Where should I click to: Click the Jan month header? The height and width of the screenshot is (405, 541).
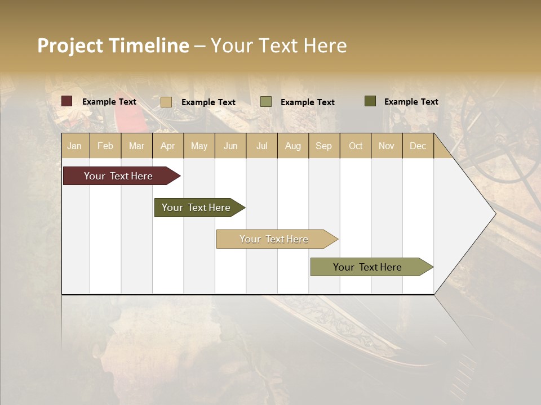(74, 146)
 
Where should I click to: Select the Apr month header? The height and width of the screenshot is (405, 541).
(168, 146)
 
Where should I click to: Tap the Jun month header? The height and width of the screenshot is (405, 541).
(230, 146)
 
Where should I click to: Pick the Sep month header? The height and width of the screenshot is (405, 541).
(323, 146)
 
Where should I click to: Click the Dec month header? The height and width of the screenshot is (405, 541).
(418, 146)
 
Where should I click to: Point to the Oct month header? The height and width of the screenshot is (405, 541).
(356, 146)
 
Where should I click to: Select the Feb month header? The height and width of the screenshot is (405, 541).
(105, 146)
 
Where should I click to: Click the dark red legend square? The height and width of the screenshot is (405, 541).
(67, 101)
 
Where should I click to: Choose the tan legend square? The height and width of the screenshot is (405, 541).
(166, 102)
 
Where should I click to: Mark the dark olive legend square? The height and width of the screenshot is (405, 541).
(370, 101)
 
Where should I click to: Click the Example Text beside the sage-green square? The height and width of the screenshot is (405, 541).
(307, 102)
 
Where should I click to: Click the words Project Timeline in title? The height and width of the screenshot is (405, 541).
(113, 46)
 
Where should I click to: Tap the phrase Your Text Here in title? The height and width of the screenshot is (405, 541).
(278, 46)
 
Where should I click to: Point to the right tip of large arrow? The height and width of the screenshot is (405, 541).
(494, 214)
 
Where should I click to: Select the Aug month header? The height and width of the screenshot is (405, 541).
(292, 146)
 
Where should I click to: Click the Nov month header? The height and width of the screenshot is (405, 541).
(387, 146)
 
